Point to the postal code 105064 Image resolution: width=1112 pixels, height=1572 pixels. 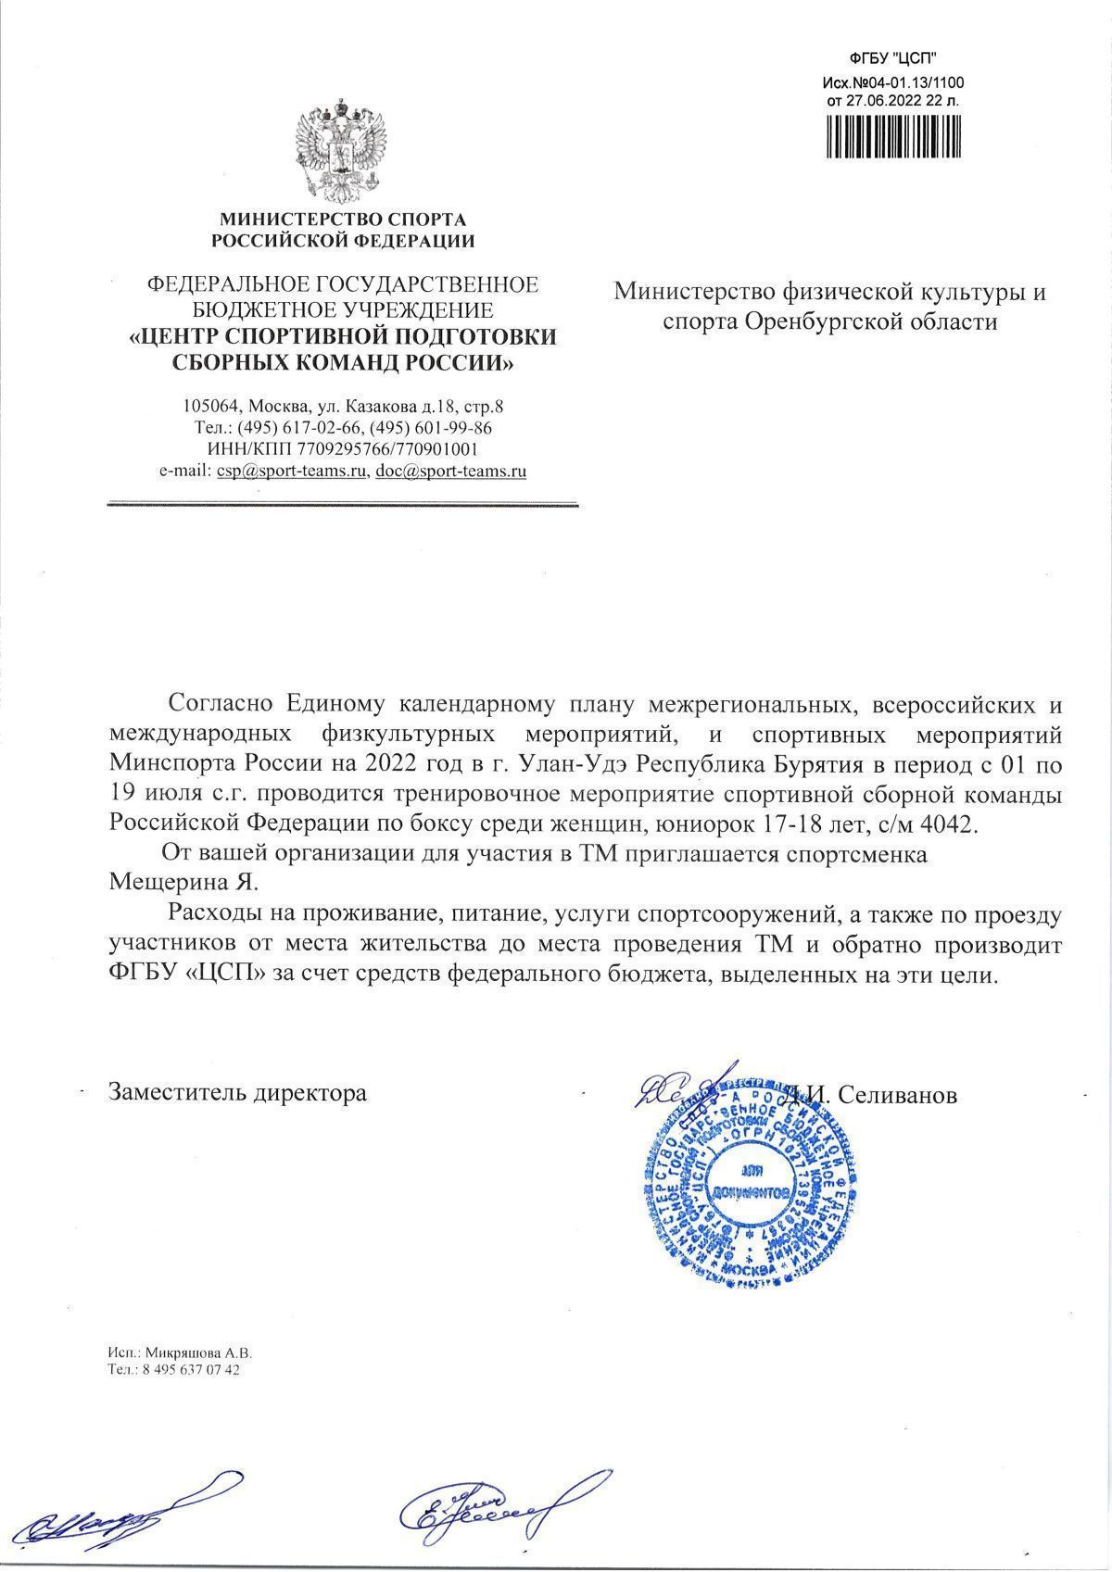(x=212, y=407)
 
